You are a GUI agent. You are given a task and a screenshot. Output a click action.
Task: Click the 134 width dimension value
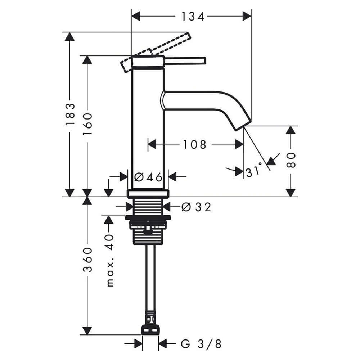pos(193,17)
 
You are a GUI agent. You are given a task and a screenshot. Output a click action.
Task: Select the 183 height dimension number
pos(70,114)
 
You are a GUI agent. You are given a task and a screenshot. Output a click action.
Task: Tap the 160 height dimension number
pos(87,124)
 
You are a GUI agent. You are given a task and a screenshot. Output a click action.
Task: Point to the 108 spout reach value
pos(194,145)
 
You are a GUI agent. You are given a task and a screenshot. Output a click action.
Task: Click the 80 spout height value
pos(291,160)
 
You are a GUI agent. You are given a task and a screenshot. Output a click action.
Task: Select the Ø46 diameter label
pos(148,177)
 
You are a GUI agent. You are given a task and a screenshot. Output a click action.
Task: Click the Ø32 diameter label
pos(196,207)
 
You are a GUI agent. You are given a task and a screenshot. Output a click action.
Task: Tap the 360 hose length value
pos(87,260)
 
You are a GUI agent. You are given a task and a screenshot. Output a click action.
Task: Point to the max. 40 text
pos(110,260)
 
